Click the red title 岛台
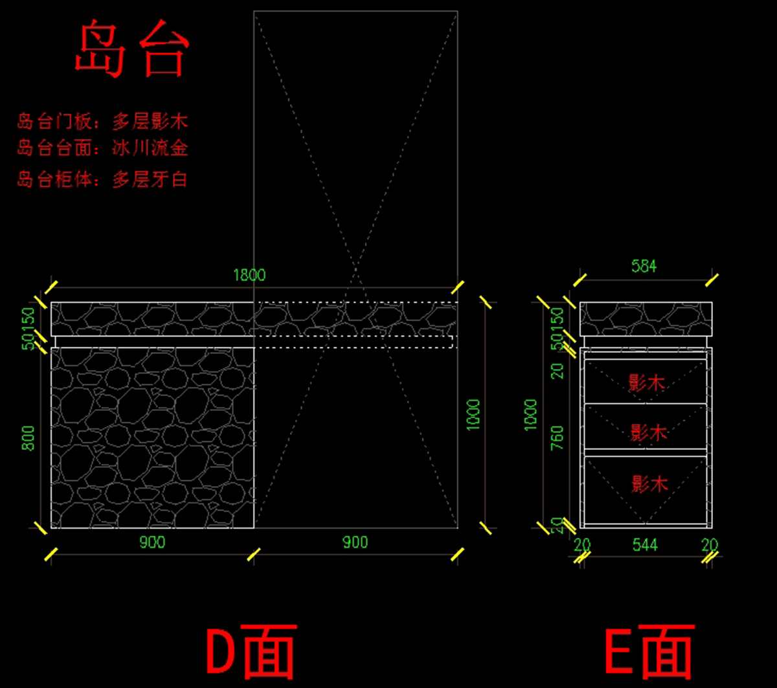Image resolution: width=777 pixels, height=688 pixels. (131, 50)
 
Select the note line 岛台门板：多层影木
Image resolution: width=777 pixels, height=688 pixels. (102, 122)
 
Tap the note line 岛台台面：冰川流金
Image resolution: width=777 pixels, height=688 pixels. (102, 148)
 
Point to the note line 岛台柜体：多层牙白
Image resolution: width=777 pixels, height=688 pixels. (102, 179)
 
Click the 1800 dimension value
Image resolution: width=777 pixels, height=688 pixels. (249, 275)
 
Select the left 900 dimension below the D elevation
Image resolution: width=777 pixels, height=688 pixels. (152, 542)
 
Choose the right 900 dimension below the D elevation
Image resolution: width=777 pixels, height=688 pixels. (355, 542)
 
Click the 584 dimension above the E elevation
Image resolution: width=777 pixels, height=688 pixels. (644, 266)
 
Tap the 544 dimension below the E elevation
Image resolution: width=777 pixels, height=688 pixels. (645, 545)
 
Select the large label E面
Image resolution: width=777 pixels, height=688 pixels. (649, 650)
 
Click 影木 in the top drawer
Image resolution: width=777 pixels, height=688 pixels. (647, 383)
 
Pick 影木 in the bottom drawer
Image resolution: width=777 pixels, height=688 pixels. (649, 483)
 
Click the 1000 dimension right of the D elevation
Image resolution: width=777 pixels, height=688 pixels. (473, 414)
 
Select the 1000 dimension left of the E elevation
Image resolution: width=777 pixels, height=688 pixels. (530, 414)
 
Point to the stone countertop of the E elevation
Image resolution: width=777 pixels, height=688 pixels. (646, 319)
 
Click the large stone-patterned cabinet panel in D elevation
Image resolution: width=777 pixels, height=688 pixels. (152, 438)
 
